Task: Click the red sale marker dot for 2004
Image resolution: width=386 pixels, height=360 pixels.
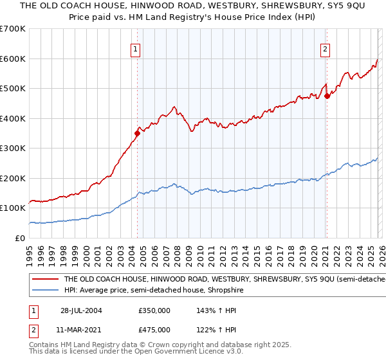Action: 137,134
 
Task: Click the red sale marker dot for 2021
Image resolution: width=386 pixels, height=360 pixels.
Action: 327,96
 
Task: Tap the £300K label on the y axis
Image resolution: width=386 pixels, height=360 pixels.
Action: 13,148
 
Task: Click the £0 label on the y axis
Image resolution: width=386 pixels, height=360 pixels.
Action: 21,238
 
